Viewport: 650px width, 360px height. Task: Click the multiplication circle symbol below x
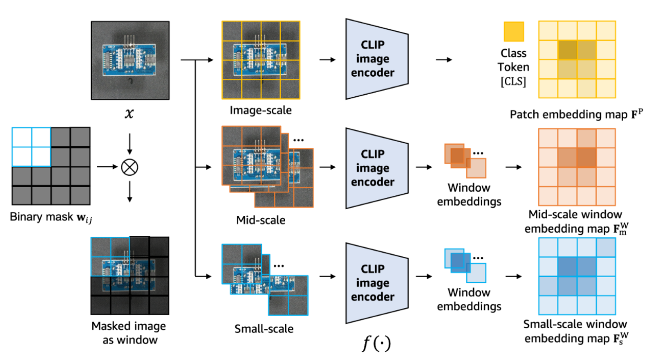pos(129,167)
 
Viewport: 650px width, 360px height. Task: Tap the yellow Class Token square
pos(514,31)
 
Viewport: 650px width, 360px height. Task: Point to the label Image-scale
pos(253,110)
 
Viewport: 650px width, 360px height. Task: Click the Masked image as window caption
pos(129,333)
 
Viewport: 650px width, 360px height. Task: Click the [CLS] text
pos(513,81)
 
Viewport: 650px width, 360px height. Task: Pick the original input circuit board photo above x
pos(130,60)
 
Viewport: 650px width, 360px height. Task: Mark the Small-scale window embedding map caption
pos(576,331)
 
